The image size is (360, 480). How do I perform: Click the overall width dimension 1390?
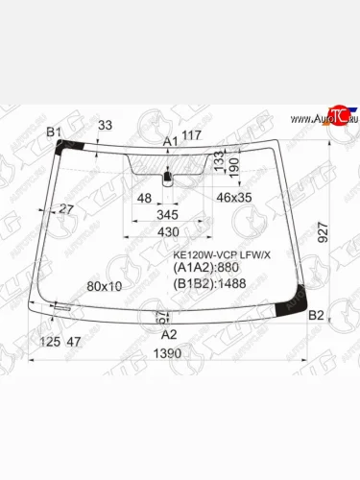168,353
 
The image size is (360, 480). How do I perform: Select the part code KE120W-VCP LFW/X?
222,255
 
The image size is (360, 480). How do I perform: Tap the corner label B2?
318,315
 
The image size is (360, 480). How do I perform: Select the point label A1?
171,142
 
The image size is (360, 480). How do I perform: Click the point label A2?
168,334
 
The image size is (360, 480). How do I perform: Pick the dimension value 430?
168,232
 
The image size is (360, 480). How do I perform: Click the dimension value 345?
168,216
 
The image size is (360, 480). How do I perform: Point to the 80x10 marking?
104,286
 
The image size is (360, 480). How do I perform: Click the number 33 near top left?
105,125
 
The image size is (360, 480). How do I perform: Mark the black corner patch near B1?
68,146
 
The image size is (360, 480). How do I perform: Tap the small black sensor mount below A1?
168,177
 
